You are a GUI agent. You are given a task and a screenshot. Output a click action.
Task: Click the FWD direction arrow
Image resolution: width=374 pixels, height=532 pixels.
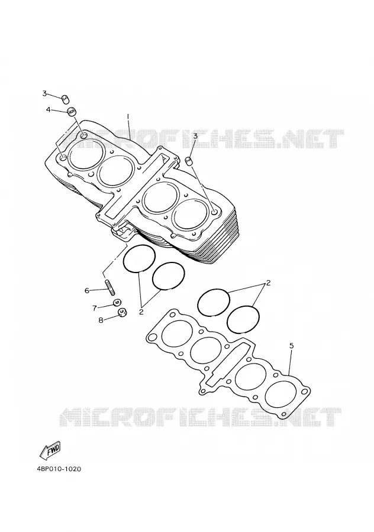point(50,450)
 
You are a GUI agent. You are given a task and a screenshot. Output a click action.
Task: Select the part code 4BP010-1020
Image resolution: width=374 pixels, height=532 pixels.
point(59,469)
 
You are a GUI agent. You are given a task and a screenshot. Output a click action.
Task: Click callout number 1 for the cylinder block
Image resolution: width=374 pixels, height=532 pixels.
point(128,116)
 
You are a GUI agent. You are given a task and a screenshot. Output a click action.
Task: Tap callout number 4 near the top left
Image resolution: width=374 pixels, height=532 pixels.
point(49,109)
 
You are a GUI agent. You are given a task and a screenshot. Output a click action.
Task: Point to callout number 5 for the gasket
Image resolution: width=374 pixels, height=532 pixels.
point(292,346)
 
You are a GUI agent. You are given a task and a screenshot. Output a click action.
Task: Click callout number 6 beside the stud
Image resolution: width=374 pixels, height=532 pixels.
point(86,290)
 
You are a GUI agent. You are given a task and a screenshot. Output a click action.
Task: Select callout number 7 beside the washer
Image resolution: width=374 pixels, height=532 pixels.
point(95,308)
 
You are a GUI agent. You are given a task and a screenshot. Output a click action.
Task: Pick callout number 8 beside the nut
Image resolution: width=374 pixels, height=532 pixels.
point(101,320)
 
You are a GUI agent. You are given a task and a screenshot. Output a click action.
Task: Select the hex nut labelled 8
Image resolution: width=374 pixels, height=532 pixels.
point(122,313)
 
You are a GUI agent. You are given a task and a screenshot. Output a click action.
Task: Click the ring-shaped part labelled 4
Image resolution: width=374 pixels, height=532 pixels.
point(72,112)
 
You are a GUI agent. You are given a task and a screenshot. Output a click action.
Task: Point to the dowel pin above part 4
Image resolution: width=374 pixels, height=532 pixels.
point(65,99)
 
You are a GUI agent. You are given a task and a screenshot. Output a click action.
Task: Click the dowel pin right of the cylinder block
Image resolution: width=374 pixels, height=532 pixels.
point(189,160)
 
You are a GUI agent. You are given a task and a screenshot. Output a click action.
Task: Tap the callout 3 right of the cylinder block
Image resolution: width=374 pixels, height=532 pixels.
point(195,137)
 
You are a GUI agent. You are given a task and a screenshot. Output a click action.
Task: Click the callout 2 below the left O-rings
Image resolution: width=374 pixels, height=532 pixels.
point(141,312)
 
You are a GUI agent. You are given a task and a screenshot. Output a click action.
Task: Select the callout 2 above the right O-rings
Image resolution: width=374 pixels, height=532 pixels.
point(268,283)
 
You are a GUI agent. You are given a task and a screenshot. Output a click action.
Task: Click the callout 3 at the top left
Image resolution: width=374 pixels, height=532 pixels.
point(44,93)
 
